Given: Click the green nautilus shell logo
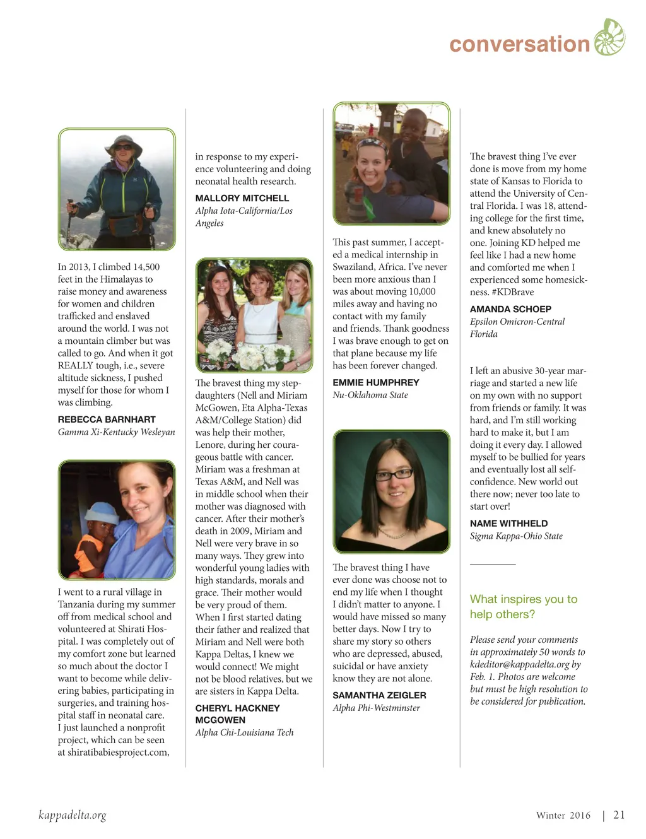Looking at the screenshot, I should pos(609,37).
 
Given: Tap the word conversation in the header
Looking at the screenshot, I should pos(519,44).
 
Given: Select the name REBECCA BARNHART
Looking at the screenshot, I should pos(107,419).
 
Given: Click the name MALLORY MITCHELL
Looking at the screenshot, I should pos(242,198).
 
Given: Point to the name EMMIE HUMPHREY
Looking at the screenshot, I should pos(376,382).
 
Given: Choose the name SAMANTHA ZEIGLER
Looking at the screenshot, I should pos(379,695).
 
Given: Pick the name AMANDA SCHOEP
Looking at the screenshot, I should pos(510,309).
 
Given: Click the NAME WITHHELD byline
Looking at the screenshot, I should pos(508,524).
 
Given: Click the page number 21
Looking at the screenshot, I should pos(619,815).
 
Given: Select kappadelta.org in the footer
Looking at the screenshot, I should pos(73,815).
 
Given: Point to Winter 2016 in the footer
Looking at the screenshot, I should pos(563,816).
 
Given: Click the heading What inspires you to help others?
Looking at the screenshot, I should pos(523,606).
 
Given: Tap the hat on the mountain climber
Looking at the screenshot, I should pos(124,143).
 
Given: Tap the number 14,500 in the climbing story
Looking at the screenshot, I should pos(144,267).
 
